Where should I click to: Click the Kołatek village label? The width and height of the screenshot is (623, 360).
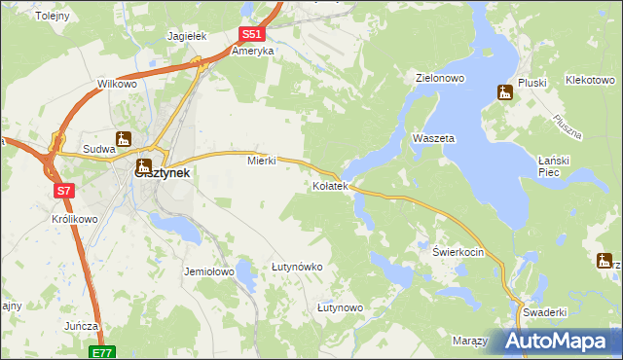[329, 186]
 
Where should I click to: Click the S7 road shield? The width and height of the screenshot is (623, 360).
[63, 192]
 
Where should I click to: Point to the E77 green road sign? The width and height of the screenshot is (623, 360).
[104, 352]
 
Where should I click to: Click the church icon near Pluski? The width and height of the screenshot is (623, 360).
[504, 93]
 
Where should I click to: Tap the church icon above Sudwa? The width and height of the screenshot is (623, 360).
[123, 139]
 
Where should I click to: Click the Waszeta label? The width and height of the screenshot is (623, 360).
[433, 139]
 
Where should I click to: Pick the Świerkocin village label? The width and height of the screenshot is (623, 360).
[458, 251]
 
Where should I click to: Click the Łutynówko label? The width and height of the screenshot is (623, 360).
[297, 267]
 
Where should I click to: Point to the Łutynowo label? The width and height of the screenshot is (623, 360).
[340, 307]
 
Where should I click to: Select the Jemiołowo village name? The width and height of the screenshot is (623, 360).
[209, 272]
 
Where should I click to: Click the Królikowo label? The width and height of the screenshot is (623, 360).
[74, 220]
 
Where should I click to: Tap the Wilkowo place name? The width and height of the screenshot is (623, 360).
[117, 85]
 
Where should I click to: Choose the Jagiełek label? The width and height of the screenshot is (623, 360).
[187, 36]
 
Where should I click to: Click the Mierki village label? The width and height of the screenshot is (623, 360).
[263, 161]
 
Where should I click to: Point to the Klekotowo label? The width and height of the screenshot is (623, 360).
[594, 83]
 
